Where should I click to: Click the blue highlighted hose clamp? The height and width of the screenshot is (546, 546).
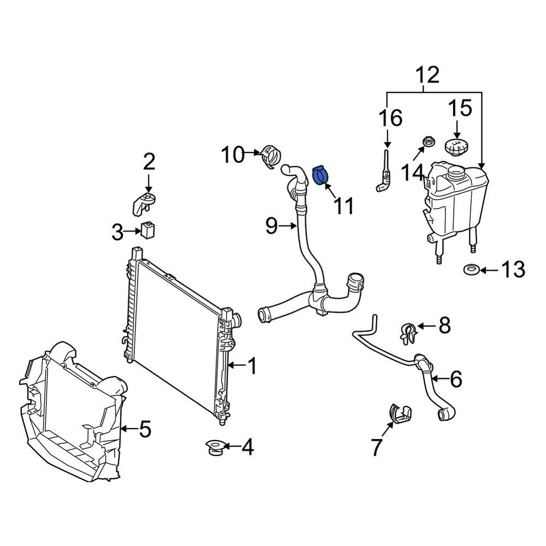(322, 176)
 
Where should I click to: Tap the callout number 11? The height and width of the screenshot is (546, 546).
(343, 206)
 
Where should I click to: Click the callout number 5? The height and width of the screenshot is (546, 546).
(144, 429)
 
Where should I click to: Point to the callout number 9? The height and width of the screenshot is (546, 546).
(271, 225)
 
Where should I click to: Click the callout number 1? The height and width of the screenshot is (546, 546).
(252, 366)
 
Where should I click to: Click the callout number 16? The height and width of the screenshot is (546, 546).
(390, 117)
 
